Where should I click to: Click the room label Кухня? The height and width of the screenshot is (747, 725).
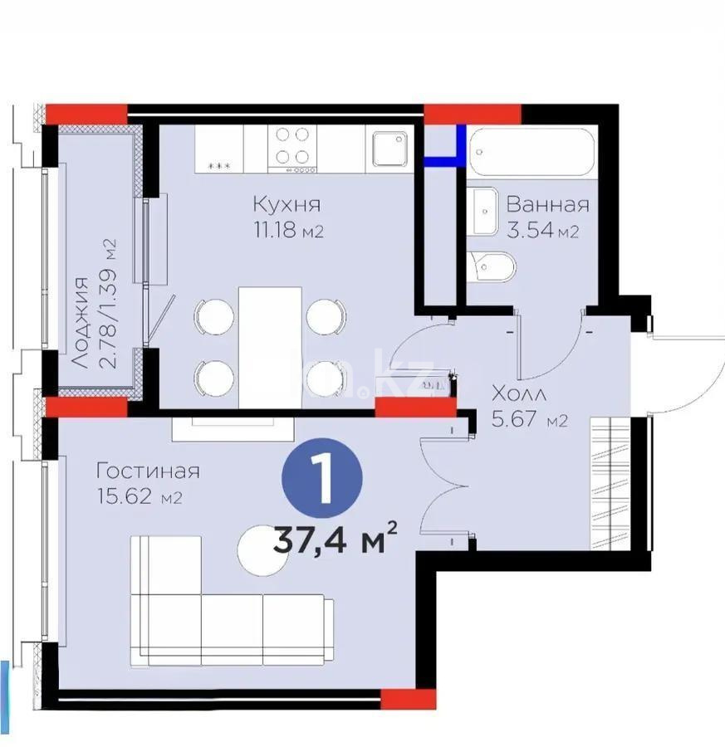[287, 205]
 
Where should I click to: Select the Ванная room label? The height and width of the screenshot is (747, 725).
[547, 205]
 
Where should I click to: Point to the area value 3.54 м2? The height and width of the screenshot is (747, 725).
[542, 230]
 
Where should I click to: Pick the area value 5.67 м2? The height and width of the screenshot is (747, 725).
[529, 419]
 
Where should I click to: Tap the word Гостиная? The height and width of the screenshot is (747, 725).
[148, 471]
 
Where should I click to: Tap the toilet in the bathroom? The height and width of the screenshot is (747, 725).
[492, 265]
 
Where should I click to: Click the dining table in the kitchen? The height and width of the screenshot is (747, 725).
[269, 347]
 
